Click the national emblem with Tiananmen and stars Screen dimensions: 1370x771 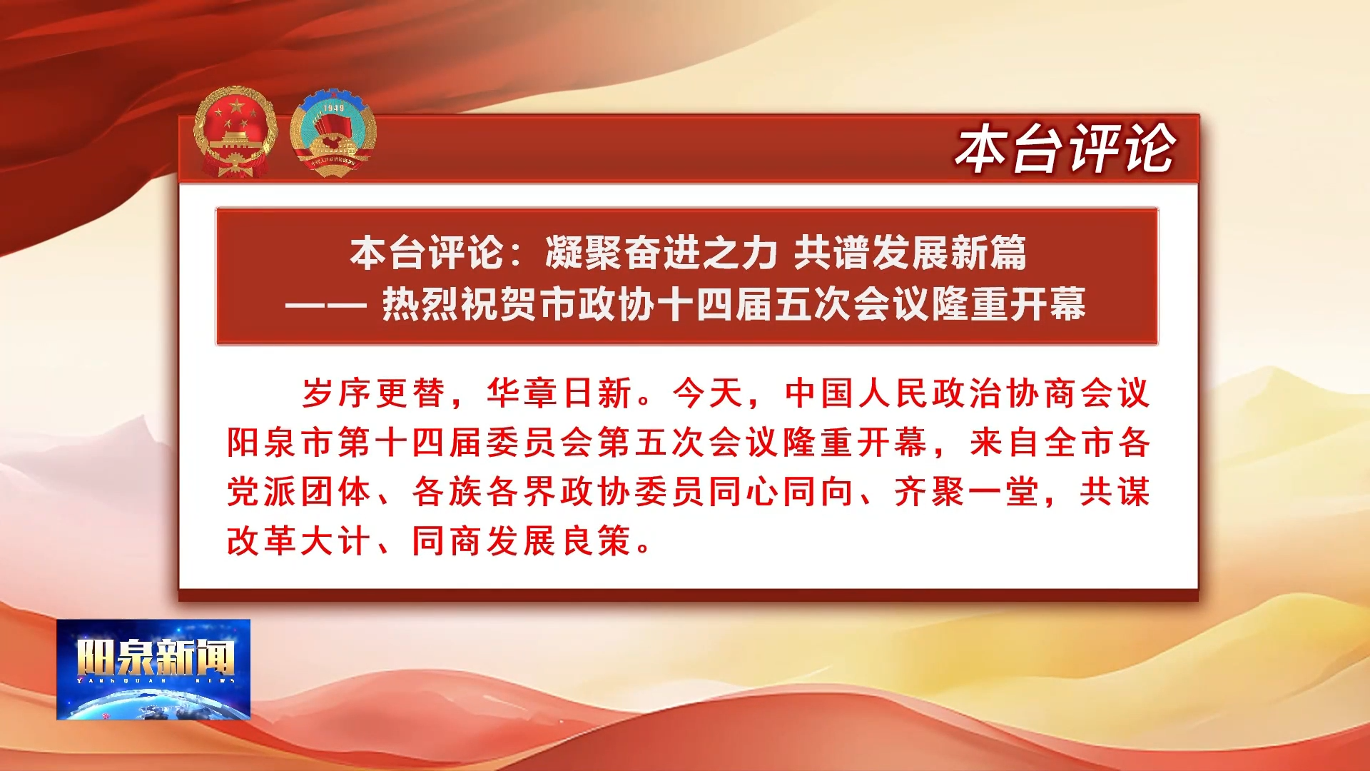coord(235,131)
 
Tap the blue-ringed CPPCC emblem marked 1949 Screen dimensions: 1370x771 coord(333,133)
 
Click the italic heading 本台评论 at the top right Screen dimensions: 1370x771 coord(1065,148)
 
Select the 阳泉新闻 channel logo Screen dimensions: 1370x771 coord(153,669)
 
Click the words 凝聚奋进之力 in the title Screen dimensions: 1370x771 coord(661,253)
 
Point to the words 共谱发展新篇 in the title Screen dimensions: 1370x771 coord(910,253)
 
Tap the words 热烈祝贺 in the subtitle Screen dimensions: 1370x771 coord(460,304)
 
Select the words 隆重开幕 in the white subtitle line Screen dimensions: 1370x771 coord(1009,304)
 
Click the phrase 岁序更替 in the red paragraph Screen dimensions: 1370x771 coord(373,393)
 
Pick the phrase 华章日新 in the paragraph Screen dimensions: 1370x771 coord(559,393)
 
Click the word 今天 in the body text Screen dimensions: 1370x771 coord(708,393)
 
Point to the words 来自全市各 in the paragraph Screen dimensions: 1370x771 coord(1060,443)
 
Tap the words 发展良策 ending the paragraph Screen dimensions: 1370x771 coord(559,540)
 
